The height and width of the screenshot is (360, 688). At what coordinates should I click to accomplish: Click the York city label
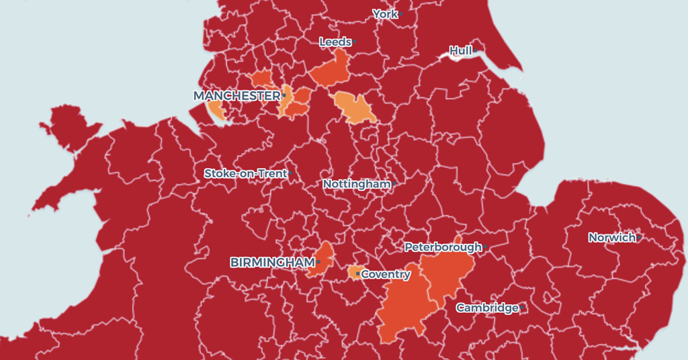(x=385, y=14)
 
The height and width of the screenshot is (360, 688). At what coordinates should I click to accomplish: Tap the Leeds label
(x=335, y=42)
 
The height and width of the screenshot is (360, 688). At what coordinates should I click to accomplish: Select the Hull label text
(x=460, y=51)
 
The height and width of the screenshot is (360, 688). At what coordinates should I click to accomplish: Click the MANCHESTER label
(x=236, y=96)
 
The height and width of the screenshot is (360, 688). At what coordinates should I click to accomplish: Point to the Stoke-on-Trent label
(x=245, y=173)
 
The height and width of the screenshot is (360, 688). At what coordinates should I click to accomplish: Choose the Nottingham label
(x=357, y=184)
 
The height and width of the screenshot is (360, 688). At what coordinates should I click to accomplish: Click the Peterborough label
(x=443, y=247)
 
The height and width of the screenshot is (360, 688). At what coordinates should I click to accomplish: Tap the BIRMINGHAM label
(x=272, y=262)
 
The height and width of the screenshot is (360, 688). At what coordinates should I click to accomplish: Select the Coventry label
(x=386, y=274)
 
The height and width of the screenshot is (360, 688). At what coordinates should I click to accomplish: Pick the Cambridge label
(x=487, y=308)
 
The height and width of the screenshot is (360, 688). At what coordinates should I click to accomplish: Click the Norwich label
(x=611, y=237)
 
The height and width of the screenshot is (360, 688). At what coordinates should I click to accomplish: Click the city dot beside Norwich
(x=639, y=237)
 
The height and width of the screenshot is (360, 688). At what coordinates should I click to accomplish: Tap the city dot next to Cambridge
(x=521, y=308)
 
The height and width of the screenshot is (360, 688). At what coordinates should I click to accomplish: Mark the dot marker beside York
(x=401, y=14)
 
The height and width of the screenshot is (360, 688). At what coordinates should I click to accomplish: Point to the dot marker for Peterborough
(x=485, y=248)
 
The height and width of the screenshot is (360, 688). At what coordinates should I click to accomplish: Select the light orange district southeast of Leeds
(x=355, y=107)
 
